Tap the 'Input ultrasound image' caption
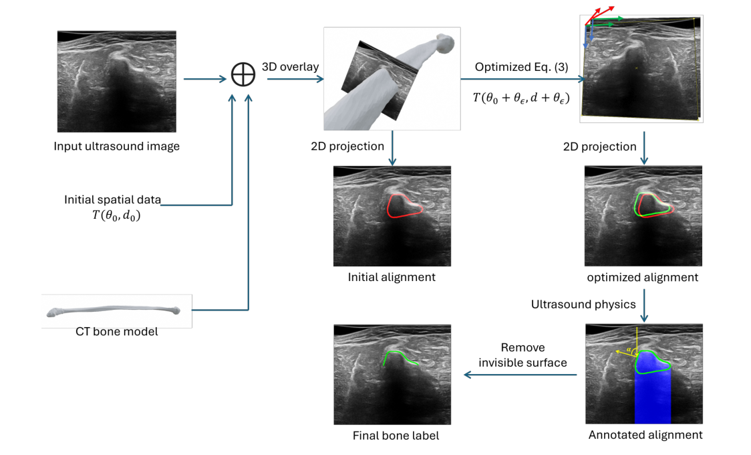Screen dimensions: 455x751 click(117, 146)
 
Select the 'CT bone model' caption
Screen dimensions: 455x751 click(117, 331)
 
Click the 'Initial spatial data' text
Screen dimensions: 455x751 click(112, 199)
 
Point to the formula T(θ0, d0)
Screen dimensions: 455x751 click(117, 215)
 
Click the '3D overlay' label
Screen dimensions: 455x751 click(291, 66)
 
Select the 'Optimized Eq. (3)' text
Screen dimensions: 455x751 click(512, 67)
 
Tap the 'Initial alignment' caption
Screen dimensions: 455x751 click(392, 276)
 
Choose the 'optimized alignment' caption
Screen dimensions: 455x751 click(643, 276)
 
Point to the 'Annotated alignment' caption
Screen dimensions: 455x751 click(645, 435)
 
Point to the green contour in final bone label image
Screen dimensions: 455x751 click(401, 355)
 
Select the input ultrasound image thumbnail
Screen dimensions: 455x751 click(117, 81)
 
